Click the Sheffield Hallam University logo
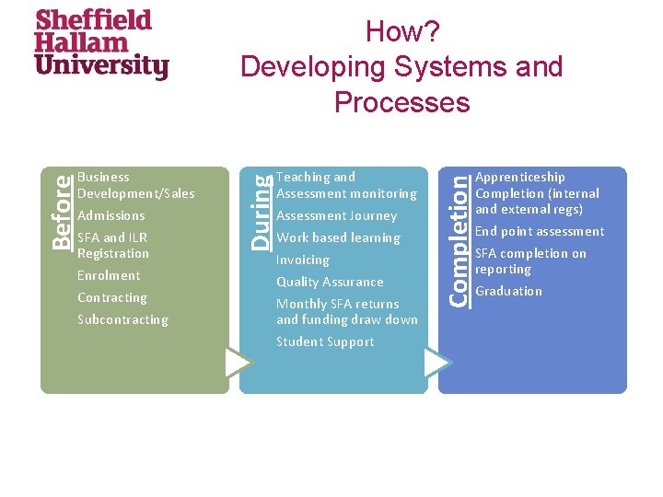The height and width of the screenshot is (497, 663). tap(101, 44)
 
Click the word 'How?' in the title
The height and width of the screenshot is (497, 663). tap(402, 32)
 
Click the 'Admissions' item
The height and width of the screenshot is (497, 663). tap(111, 216)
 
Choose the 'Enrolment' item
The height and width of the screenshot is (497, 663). tap(109, 276)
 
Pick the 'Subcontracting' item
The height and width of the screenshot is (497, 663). tap(122, 320)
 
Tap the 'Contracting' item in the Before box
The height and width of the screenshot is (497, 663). tap(112, 298)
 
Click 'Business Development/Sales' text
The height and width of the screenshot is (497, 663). tap(136, 185)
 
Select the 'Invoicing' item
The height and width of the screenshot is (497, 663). tap(303, 260)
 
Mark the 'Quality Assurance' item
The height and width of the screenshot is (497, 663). tap(330, 283)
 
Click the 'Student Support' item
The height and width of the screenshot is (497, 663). tap(325, 342)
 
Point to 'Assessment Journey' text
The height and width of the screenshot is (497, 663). tap(336, 216)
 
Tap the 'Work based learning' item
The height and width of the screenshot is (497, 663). tap(338, 238)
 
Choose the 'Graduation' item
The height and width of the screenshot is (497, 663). tap(508, 292)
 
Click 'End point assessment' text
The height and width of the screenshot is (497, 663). tap(540, 232)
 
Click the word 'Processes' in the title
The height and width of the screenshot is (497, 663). tap(402, 102)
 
